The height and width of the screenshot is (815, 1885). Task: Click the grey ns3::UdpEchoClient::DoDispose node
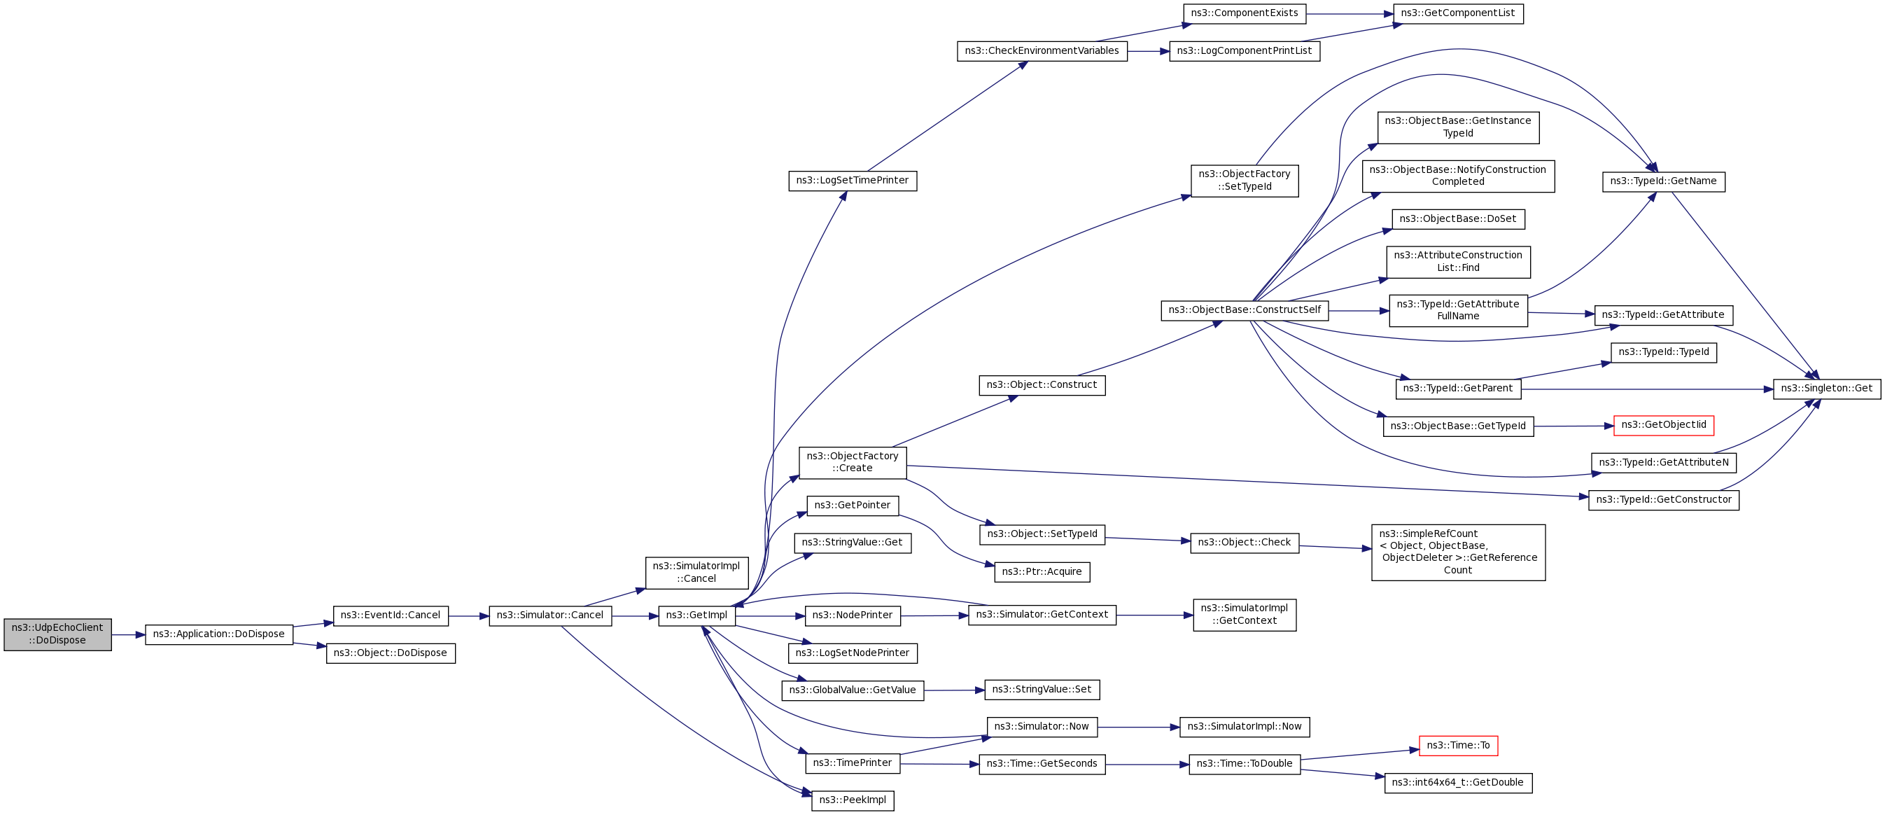coord(58,634)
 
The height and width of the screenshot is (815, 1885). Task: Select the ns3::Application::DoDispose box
coord(219,634)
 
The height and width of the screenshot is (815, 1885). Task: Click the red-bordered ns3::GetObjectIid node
coord(1663,426)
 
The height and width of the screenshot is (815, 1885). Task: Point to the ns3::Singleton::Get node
coord(1826,389)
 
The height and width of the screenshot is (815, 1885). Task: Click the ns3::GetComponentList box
coord(1457,13)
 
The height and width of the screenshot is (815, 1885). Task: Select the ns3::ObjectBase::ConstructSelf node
coord(1244,310)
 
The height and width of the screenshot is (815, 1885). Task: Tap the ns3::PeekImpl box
coord(853,800)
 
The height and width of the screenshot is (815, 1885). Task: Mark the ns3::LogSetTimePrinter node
coord(853,181)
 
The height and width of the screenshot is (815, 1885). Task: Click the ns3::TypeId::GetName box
coord(1663,181)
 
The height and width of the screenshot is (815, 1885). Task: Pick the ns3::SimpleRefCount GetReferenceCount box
coord(1457,552)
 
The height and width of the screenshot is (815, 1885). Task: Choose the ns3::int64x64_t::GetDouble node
coord(1457,783)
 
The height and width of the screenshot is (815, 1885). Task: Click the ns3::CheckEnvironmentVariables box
coord(1042,51)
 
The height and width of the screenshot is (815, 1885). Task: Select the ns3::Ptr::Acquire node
coord(1042,572)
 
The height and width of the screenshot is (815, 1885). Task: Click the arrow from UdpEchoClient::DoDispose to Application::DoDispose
coord(128,635)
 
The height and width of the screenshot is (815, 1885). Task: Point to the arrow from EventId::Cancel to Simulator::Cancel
coord(468,617)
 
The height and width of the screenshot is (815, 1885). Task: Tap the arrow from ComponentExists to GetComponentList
coord(1350,14)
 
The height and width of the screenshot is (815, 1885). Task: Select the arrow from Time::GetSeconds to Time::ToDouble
coord(1147,765)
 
